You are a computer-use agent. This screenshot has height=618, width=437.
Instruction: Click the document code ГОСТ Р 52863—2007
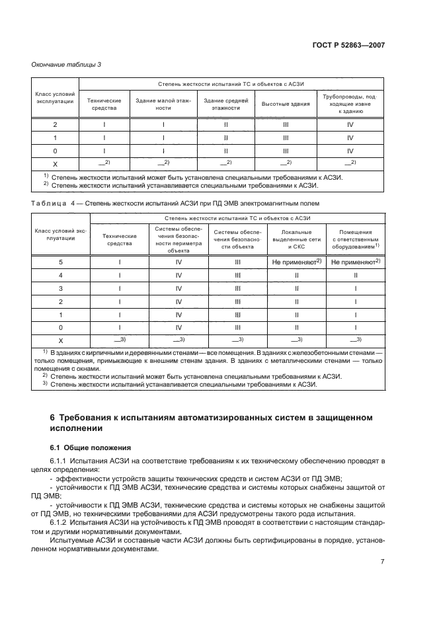tap(349, 46)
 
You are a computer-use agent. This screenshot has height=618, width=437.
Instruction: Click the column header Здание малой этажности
tap(163, 104)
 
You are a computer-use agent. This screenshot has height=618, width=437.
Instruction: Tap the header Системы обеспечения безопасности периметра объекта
tap(179, 239)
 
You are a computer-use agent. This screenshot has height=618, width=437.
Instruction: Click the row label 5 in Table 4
tap(61, 262)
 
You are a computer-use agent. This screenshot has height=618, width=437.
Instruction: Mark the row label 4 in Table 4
tap(61, 275)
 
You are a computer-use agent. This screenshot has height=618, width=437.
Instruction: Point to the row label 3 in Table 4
tap(61, 288)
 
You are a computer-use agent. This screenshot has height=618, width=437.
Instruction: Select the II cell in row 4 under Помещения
tap(355, 275)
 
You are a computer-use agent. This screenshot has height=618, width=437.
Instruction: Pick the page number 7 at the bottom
tap(383, 562)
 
